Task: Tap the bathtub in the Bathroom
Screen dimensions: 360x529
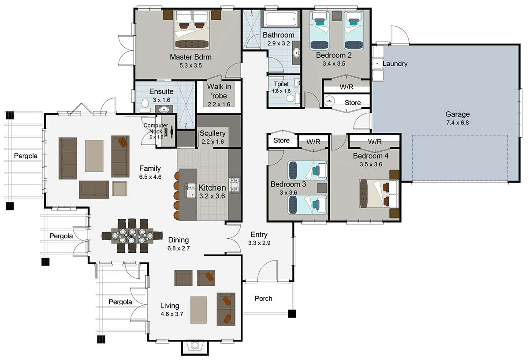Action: coord(281,19)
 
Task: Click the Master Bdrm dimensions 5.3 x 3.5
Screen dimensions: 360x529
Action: coord(190,65)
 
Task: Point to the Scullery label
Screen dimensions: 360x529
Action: coord(212,133)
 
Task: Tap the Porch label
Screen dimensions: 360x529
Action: coord(264,299)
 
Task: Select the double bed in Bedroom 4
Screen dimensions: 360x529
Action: coord(379,193)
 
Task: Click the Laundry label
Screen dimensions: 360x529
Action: coord(395,64)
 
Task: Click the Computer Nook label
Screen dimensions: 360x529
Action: coord(156,128)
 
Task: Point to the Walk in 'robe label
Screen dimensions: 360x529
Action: coord(219,90)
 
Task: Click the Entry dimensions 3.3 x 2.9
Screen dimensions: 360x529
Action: coord(259,243)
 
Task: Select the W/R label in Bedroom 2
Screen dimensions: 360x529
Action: coord(346,87)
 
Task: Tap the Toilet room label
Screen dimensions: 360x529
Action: coord(281,84)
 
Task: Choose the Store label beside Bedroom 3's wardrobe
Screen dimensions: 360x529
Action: coord(281,141)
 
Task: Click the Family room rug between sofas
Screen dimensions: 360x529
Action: coord(94,156)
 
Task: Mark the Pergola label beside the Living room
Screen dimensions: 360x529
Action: coord(120,302)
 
